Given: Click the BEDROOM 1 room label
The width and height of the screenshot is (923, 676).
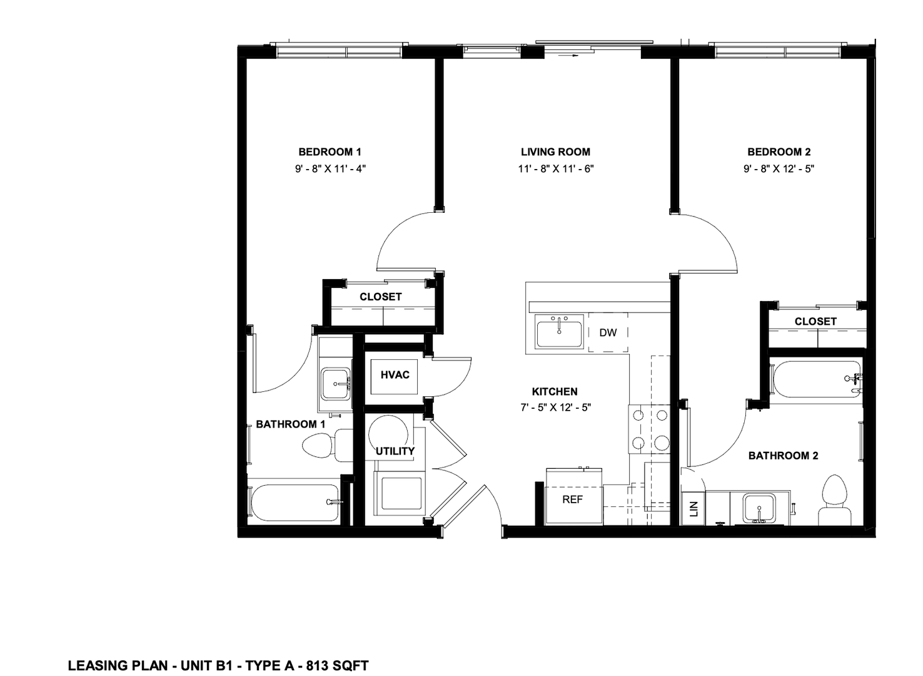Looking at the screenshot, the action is pos(330,152).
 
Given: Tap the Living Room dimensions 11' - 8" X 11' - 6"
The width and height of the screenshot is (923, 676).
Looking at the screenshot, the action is pos(556,169).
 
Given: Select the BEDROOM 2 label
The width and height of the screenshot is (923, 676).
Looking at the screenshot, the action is pos(779,152).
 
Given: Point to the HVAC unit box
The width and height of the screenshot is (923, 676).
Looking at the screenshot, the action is pos(395,377).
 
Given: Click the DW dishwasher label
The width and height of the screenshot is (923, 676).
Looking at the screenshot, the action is pos(608,333).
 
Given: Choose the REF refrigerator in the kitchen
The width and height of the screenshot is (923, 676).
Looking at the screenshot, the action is pos(574,496).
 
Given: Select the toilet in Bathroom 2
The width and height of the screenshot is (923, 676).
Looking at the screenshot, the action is pos(834,501).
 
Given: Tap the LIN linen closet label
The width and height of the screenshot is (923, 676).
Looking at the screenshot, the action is pos(694,508).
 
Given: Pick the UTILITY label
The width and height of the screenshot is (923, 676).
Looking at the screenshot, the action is pos(395,451).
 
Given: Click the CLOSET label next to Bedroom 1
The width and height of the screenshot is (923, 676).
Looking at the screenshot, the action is pos(380,297).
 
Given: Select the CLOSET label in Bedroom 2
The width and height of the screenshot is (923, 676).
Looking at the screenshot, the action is pos(815,322).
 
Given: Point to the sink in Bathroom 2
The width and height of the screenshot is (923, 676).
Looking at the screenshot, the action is pos(759,509).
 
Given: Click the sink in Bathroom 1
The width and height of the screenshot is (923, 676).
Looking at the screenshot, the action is pos(336,384).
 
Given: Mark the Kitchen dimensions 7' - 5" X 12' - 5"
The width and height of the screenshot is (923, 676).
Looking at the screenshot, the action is pos(555,408).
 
